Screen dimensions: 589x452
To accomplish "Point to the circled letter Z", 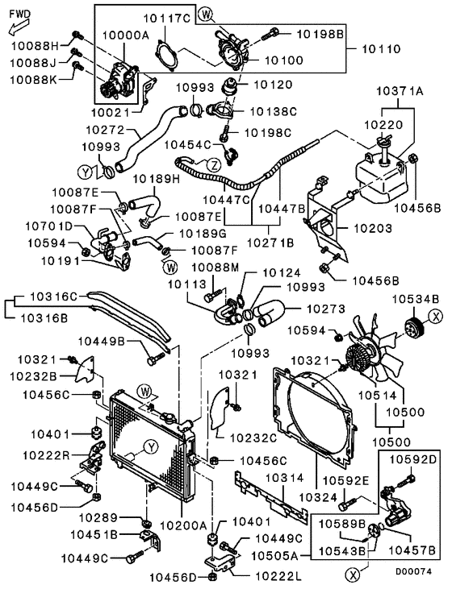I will click(x=213, y=165).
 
